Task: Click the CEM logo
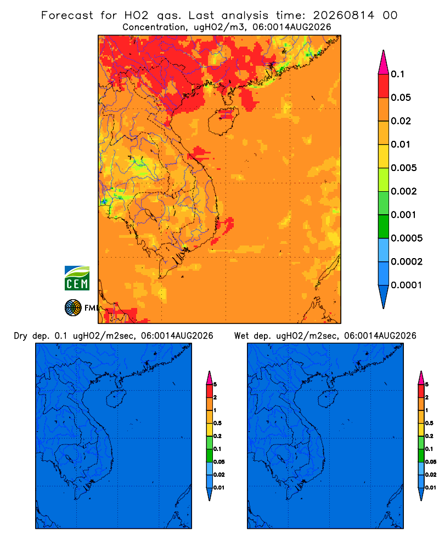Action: point(77,278)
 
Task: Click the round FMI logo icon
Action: point(73,307)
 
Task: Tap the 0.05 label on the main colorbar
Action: point(401,98)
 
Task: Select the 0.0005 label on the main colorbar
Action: point(407,238)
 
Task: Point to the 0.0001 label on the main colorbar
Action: point(407,285)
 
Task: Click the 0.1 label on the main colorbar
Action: point(397,74)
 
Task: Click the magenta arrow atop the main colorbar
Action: point(384,62)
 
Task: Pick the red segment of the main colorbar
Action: point(384,86)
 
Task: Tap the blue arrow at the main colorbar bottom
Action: point(384,296)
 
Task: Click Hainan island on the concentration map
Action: point(223,121)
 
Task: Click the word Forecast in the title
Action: point(67,15)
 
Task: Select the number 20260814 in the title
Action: point(344,15)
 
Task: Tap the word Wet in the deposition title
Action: point(241,336)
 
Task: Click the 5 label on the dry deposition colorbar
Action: point(215,385)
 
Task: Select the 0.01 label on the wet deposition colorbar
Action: point(431,488)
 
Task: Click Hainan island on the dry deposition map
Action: point(116,399)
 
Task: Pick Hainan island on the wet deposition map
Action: point(328,399)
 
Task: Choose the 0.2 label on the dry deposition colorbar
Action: point(217,436)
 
